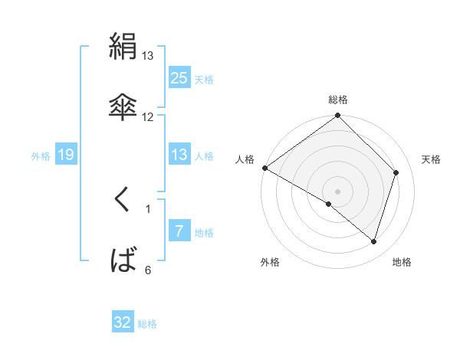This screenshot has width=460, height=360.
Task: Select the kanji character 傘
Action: click(x=123, y=106)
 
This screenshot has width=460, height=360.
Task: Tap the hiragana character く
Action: click(x=123, y=201)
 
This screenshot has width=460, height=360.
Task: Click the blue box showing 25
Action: click(x=179, y=77)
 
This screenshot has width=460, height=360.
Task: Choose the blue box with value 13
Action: click(x=179, y=155)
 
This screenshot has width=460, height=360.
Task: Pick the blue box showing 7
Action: click(x=179, y=231)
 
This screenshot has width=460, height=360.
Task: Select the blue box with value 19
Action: click(x=66, y=155)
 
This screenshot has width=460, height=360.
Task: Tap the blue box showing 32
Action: click(x=123, y=322)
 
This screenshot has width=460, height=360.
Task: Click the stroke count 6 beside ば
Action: click(x=148, y=270)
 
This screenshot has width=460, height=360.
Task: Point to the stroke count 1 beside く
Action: click(x=148, y=208)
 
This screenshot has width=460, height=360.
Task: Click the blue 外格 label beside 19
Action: click(x=41, y=155)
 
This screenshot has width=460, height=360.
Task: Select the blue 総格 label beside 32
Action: click(x=147, y=323)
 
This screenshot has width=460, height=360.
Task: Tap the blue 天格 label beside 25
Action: click(x=204, y=78)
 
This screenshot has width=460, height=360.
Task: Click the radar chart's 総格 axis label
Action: click(x=338, y=100)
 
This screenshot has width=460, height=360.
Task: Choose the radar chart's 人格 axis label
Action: click(x=245, y=159)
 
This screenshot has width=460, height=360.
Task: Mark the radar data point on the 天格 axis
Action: click(x=396, y=172)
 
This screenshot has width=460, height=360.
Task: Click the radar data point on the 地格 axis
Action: click(x=374, y=241)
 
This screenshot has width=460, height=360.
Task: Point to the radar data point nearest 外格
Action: click(x=329, y=204)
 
